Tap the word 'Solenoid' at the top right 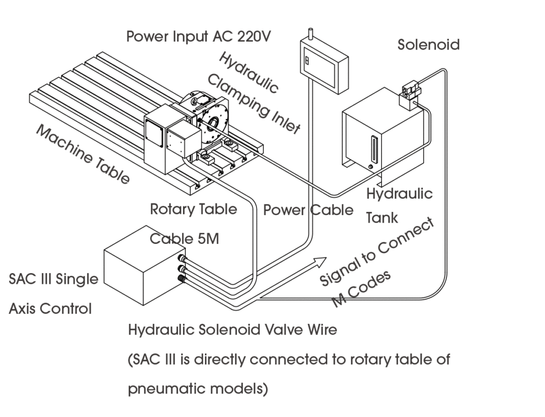tap(428, 45)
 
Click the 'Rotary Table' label tap(193, 209)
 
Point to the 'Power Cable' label tap(308, 210)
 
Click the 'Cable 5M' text tap(184, 239)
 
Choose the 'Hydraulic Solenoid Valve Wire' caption tap(233, 330)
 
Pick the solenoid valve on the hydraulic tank tap(410, 94)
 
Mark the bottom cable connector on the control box tap(184, 279)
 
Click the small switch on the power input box tap(307, 60)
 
